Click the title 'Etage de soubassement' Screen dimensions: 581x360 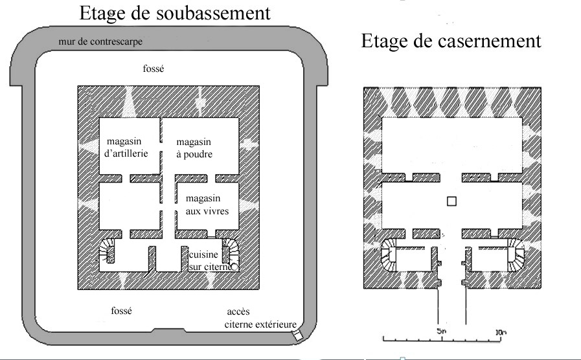pyautogui.click(x=175, y=14)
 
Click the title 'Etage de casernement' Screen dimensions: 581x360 pyautogui.click(x=451, y=41)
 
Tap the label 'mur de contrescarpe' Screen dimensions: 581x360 pyautogui.click(x=100, y=41)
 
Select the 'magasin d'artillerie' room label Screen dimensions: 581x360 pyautogui.click(x=126, y=148)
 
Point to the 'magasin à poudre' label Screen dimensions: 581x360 pyautogui.click(x=194, y=148)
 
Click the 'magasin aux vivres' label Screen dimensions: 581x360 pyautogui.click(x=207, y=205)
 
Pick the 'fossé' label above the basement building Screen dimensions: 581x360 pyautogui.click(x=154, y=69)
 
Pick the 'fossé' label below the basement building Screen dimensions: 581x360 pyautogui.click(x=122, y=310)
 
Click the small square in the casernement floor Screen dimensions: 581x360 pyautogui.click(x=451, y=201)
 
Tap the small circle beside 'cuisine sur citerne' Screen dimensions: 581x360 pyautogui.click(x=234, y=267)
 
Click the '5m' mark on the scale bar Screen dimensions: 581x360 pyautogui.click(x=441, y=331)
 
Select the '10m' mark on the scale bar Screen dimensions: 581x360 pyautogui.click(x=501, y=332)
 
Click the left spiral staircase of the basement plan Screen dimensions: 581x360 pyautogui.click(x=107, y=251)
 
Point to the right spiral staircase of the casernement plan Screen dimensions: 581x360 pyautogui.click(x=516, y=255)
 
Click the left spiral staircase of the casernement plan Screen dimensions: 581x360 pyautogui.click(x=389, y=255)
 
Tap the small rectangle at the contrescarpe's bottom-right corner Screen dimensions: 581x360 pyautogui.click(x=297, y=335)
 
